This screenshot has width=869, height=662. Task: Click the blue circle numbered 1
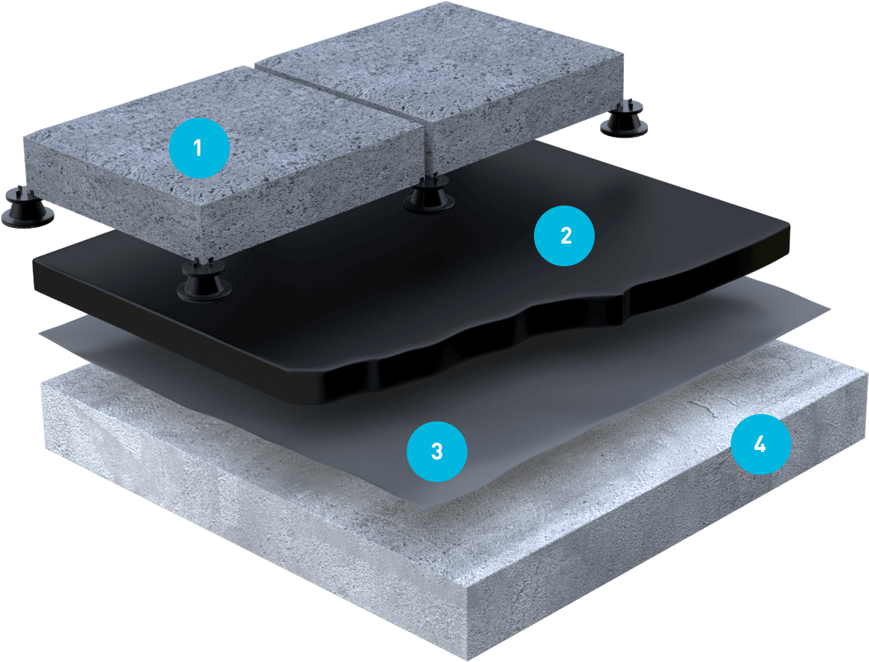click(198, 148)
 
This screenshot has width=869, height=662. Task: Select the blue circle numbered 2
click(564, 236)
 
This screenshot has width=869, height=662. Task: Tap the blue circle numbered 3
click(437, 451)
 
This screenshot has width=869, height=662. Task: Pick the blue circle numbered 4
click(761, 443)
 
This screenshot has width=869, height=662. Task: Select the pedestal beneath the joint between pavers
click(427, 193)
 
